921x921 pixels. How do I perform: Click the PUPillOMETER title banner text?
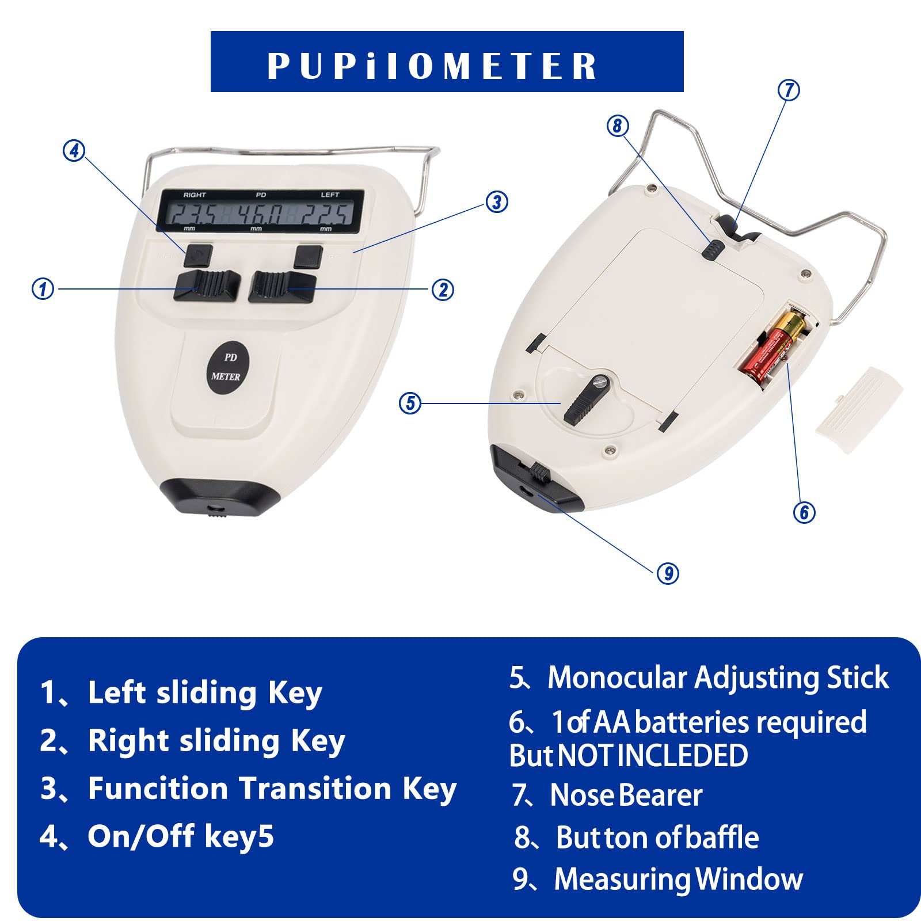(432, 66)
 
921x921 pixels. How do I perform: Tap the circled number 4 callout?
(74, 151)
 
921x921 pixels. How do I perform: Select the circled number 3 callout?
(497, 202)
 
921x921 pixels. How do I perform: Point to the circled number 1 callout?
(43, 288)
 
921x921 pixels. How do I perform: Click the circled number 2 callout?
(443, 290)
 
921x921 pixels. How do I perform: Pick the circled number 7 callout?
(789, 90)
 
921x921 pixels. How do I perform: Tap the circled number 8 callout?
(618, 125)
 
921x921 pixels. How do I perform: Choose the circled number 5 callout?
(410, 403)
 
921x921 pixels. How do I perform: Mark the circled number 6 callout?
(804, 512)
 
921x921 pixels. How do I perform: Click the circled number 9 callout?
(668, 573)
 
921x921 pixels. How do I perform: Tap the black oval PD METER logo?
(226, 368)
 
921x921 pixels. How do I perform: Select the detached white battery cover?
(859, 402)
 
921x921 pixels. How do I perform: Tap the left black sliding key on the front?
(206, 285)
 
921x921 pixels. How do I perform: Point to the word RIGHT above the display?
(195, 195)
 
